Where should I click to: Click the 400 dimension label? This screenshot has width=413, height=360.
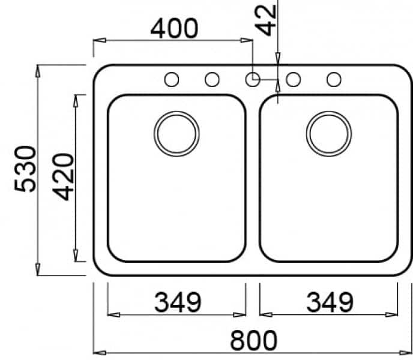174,28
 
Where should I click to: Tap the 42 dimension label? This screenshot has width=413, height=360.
265,20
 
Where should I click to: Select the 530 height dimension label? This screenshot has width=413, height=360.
25,169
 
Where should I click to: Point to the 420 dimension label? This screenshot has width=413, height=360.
63,177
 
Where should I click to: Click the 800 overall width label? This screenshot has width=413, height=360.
254,340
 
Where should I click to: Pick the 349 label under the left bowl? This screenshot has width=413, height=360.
178,302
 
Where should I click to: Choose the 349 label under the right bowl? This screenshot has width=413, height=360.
330,302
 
